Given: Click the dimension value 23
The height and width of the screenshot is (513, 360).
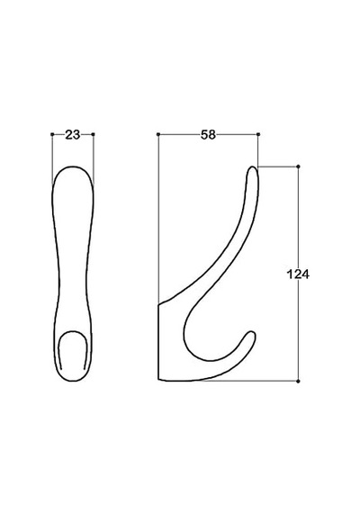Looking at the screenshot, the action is [x=73, y=134].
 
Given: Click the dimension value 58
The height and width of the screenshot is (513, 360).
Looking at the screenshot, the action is [x=208, y=134].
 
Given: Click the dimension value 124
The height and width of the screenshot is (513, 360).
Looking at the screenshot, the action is [x=298, y=274].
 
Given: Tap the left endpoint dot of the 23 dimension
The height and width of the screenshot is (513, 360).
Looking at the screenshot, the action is [x=52, y=134].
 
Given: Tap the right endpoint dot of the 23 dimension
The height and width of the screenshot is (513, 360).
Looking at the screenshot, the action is [x=94, y=134].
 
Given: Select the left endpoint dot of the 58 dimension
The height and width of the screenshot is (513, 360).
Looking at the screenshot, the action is [x=158, y=134].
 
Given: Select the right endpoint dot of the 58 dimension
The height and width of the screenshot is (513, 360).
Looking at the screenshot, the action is [x=258, y=134].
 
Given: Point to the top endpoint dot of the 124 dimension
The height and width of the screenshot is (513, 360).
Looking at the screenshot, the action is [x=298, y=166].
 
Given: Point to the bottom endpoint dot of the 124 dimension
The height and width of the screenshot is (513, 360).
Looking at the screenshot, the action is [x=298, y=382].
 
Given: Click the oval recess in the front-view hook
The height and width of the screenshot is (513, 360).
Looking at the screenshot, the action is [x=73, y=333].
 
